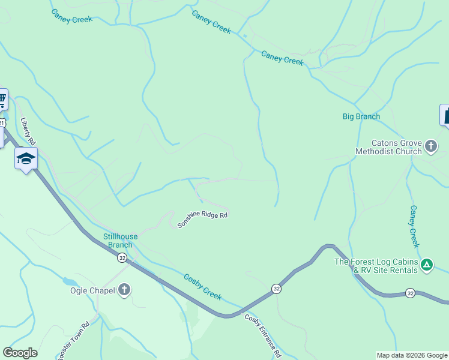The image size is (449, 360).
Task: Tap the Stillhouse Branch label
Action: (120, 241)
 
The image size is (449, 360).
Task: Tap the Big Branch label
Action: (361, 116)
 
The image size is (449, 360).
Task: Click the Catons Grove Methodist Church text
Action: (388, 148)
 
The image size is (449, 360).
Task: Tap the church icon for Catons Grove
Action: (430, 146)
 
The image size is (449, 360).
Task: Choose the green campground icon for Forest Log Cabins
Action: (426, 264)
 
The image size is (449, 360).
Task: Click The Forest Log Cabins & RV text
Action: (376, 266)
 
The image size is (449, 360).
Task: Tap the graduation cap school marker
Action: (26, 159)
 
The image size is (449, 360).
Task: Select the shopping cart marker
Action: (2, 99)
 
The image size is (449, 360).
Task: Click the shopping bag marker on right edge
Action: (445, 115)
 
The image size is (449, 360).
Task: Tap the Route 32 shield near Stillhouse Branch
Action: (122, 257)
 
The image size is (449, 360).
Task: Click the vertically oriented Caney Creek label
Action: (414, 226)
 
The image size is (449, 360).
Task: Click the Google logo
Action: (20, 353)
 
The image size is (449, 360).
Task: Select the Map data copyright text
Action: (412, 355)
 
